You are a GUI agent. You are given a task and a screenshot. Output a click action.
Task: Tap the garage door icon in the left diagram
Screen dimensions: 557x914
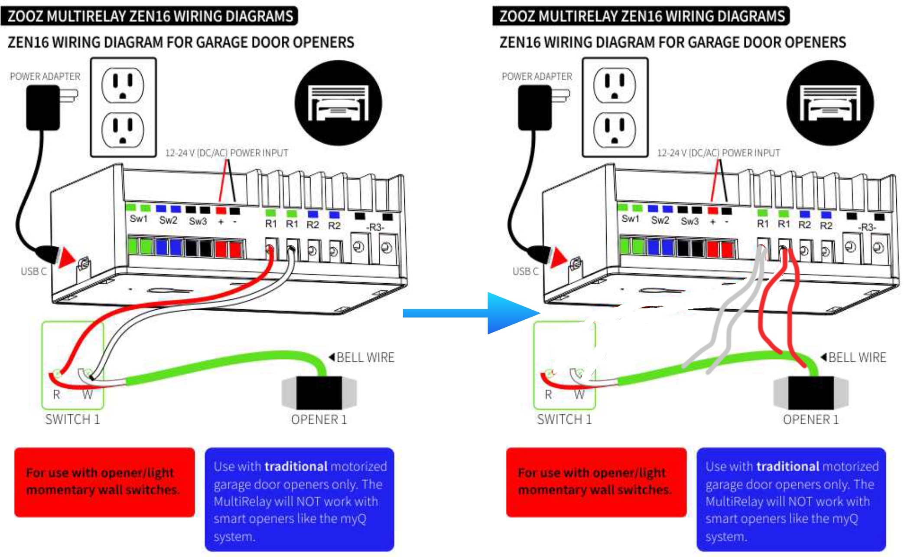(x=338, y=103)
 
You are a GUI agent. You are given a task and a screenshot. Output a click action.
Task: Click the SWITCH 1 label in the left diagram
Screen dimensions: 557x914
(x=72, y=419)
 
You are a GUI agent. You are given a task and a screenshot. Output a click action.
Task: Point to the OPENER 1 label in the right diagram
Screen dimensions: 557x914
(x=810, y=419)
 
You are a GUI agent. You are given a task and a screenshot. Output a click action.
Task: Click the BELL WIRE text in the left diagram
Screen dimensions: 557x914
(x=365, y=357)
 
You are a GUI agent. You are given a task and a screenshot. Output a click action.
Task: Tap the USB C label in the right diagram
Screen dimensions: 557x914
(x=525, y=272)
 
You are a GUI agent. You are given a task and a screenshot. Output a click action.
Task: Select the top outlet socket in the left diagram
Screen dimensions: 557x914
(x=123, y=85)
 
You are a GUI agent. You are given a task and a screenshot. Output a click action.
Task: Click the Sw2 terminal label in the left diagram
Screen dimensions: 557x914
(x=168, y=220)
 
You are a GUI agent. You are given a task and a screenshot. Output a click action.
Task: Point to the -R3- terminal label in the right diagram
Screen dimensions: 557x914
(x=867, y=227)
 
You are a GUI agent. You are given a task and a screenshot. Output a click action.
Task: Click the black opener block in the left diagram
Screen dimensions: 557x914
(x=319, y=393)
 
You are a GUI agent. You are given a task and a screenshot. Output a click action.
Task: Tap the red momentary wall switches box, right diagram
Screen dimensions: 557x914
(x=596, y=482)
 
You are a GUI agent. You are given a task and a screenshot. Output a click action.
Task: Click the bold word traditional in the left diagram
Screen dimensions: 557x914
(x=296, y=466)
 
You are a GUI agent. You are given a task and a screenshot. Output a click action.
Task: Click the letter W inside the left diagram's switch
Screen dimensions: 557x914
(x=88, y=395)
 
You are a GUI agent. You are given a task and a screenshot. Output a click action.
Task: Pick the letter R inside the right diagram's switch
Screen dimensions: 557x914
(x=548, y=395)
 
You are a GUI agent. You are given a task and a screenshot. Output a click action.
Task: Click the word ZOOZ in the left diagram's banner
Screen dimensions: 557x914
(x=25, y=16)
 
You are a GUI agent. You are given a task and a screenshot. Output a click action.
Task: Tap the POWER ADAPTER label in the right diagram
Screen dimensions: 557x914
(x=537, y=76)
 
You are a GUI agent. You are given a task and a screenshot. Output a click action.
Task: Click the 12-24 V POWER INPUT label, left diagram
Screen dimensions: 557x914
(x=226, y=153)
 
